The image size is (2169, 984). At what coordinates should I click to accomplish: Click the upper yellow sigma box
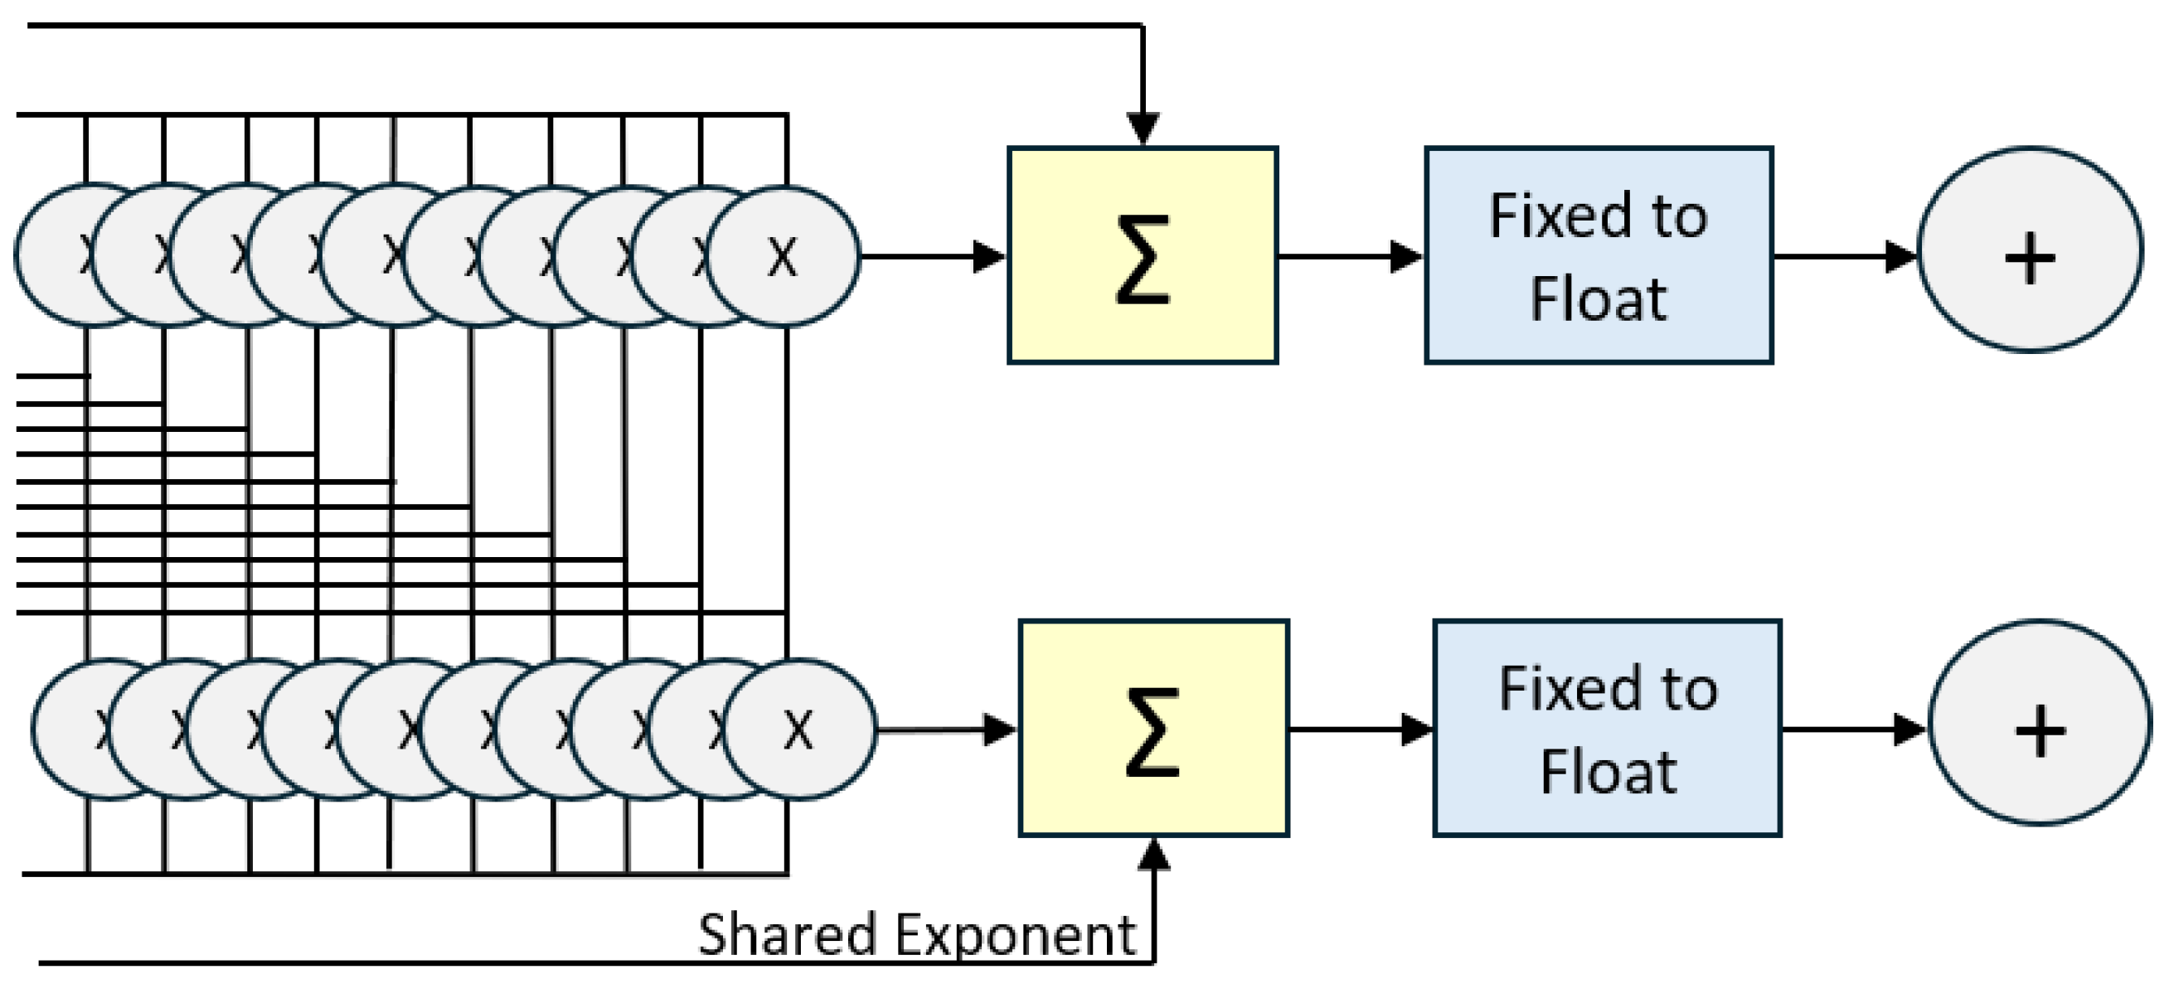(1143, 256)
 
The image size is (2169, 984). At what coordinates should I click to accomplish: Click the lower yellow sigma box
(1153, 729)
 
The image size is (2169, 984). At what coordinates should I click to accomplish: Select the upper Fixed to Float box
(1598, 256)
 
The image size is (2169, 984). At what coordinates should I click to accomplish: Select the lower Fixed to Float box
(1607, 729)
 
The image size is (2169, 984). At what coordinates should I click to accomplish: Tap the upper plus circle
(2029, 250)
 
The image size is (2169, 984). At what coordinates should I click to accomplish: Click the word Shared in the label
(789, 934)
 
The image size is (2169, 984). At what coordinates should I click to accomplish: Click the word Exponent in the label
(1016, 936)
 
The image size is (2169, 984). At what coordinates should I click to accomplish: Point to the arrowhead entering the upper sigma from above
(1143, 128)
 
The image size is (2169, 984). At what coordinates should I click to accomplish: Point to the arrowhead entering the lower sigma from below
(1153, 854)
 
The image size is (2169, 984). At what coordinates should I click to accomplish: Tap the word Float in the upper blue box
(1597, 298)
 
